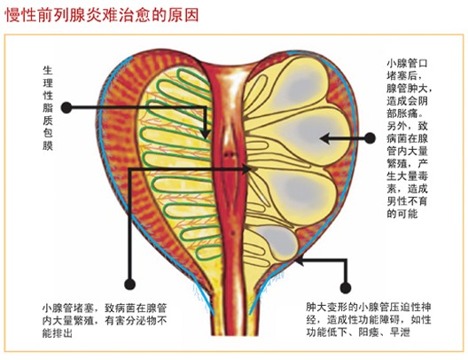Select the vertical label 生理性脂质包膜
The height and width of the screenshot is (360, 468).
(x=48, y=108)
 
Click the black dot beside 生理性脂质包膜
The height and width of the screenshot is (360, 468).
(x=66, y=108)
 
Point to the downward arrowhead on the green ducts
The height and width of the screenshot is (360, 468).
(x=205, y=133)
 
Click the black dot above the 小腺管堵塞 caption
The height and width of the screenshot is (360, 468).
(x=129, y=284)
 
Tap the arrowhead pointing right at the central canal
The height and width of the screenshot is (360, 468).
(x=246, y=169)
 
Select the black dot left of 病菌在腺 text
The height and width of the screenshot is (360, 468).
(x=370, y=138)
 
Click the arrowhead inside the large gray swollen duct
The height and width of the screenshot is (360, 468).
(x=324, y=138)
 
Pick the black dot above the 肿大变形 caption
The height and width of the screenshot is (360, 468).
(x=346, y=288)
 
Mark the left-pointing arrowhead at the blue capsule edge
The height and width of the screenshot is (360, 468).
(x=299, y=262)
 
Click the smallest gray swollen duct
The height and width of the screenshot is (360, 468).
(x=277, y=240)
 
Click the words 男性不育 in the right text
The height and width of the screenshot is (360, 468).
(x=407, y=201)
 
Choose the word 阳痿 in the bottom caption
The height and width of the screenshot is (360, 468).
(x=369, y=333)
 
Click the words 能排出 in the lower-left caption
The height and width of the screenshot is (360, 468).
(x=58, y=333)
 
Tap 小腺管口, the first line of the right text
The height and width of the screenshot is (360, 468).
(x=407, y=63)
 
